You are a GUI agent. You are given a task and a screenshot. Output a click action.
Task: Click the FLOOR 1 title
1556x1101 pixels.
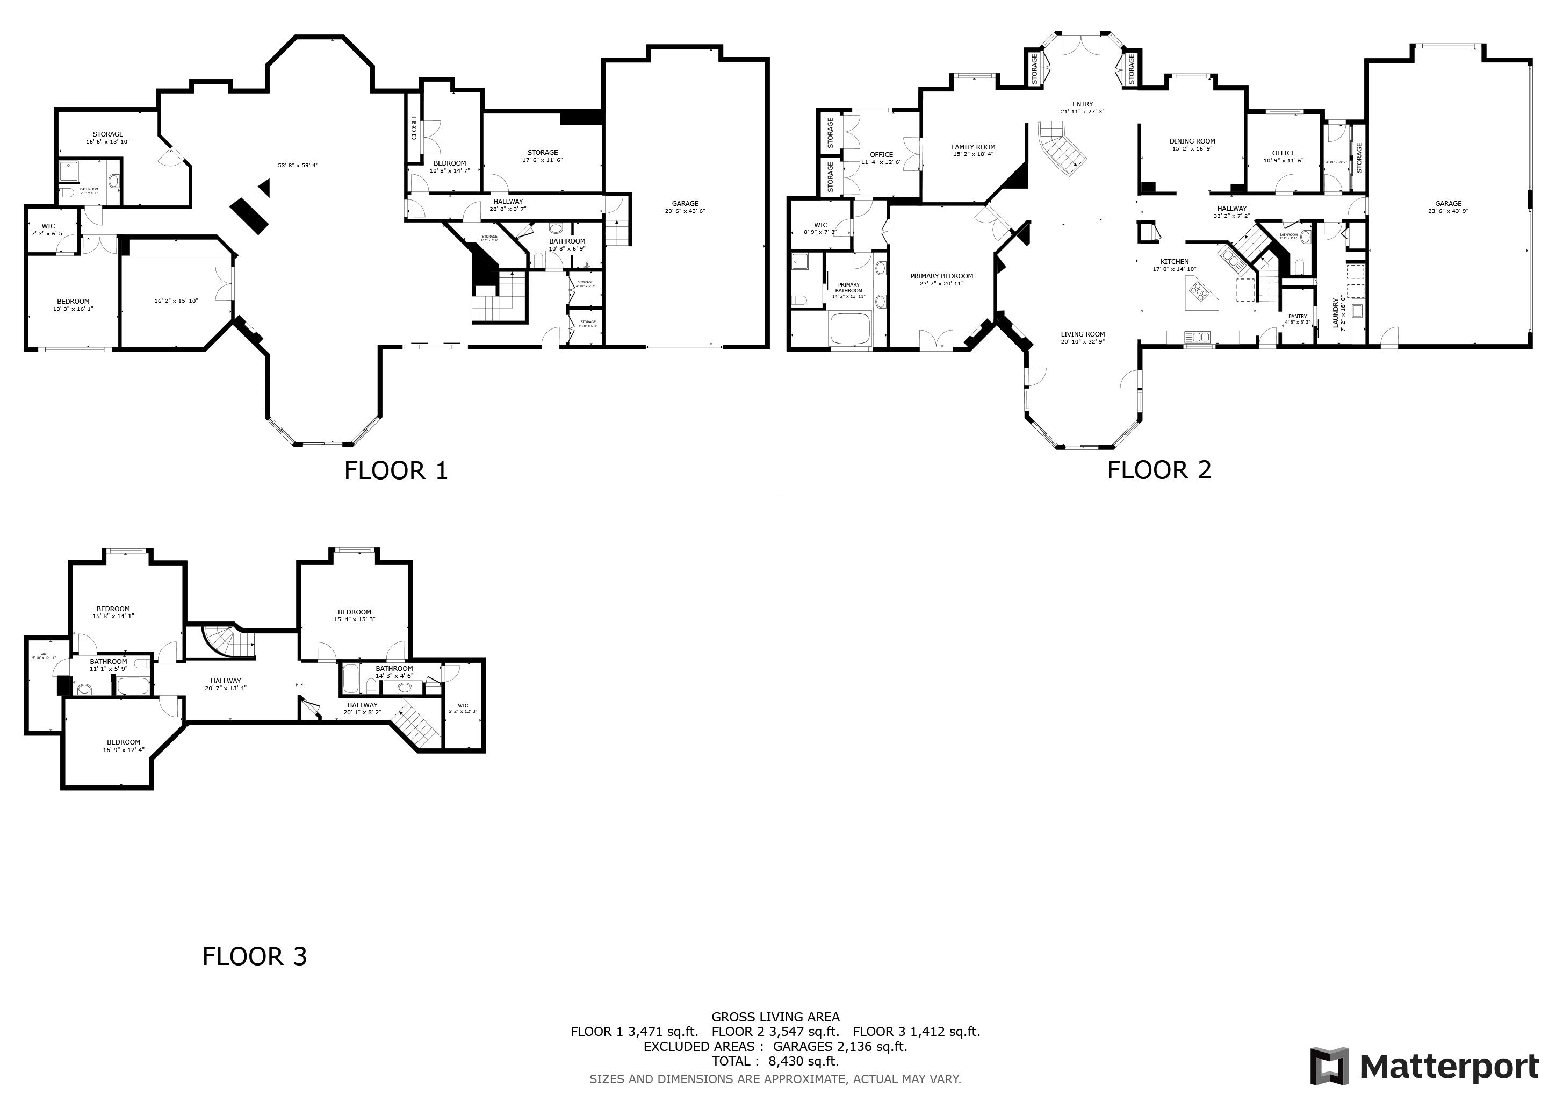click(396, 470)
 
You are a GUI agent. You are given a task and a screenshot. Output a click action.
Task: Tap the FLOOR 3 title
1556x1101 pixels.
click(254, 956)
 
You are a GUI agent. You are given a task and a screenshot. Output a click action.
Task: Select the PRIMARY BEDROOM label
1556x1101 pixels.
click(941, 276)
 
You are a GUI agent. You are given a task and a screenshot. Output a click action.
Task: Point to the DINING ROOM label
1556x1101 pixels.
click(1192, 141)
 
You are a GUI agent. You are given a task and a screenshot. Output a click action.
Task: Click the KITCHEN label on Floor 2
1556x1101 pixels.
click(1175, 262)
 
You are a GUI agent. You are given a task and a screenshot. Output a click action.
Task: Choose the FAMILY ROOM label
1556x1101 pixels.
click(973, 147)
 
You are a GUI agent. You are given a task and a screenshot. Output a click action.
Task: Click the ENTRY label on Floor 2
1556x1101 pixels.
click(1082, 104)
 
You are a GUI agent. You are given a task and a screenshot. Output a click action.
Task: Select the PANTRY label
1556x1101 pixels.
click(1297, 316)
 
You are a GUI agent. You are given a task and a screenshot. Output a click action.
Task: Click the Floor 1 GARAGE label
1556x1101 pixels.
click(685, 203)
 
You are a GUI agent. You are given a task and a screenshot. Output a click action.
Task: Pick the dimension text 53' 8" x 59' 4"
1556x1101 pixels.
click(298, 165)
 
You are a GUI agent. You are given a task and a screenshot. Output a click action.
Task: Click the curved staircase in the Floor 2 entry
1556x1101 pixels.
click(1061, 148)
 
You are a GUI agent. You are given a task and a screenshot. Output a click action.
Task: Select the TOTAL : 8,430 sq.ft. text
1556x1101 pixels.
click(775, 1061)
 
